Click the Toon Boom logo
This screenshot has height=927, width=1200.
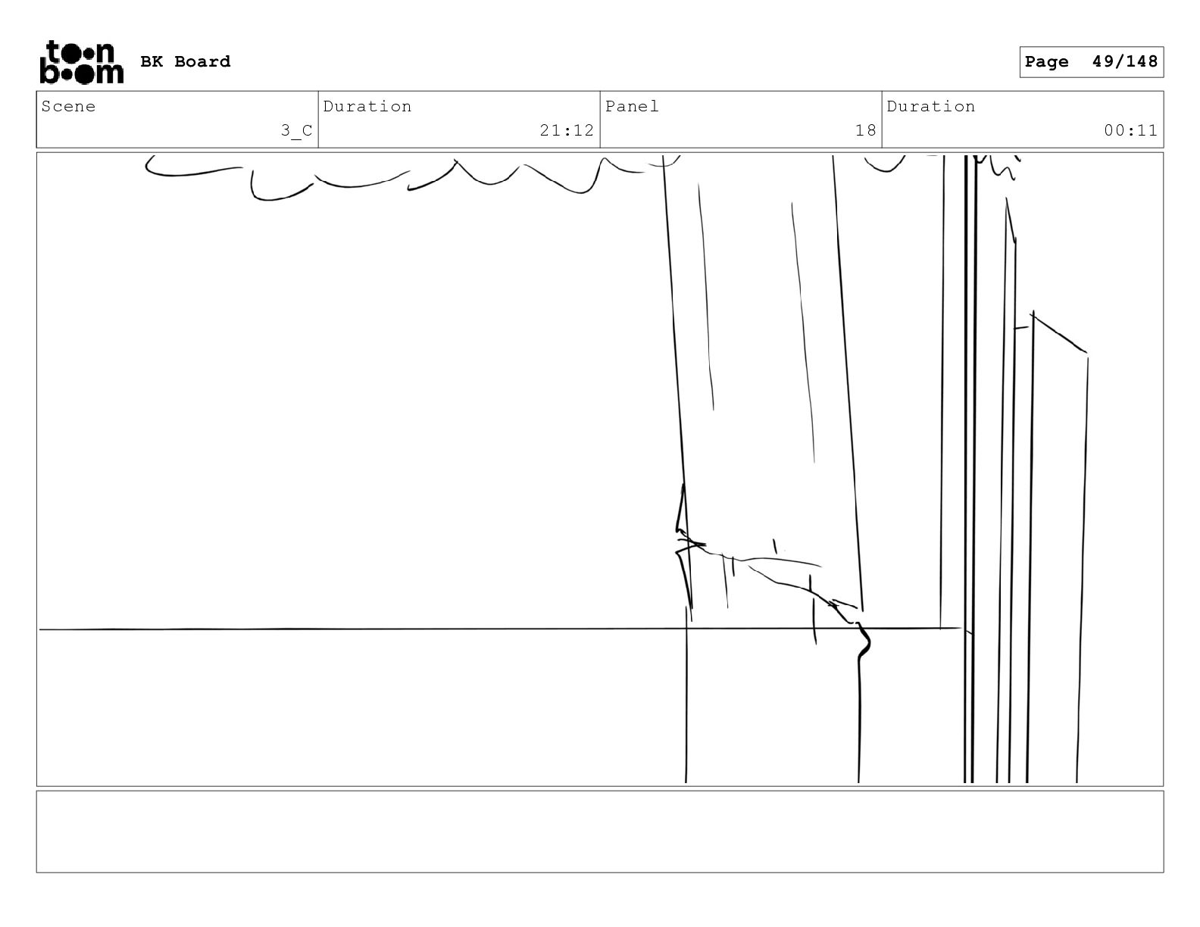click(x=80, y=62)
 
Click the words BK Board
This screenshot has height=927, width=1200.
click(x=185, y=62)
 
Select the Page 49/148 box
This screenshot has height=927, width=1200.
click(x=1091, y=62)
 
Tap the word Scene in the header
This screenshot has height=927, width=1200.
click(x=69, y=107)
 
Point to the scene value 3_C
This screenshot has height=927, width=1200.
click(x=296, y=131)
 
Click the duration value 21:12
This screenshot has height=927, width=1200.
click(x=567, y=131)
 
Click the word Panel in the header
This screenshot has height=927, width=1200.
click(x=632, y=107)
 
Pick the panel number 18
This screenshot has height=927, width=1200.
click(x=865, y=131)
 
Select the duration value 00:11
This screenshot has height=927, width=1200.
click(x=1130, y=131)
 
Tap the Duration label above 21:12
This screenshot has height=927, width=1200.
click(x=367, y=107)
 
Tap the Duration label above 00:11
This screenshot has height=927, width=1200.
click(x=931, y=107)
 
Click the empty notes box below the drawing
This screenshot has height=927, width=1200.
click(x=599, y=832)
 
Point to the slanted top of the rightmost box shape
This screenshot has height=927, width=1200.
click(x=1059, y=332)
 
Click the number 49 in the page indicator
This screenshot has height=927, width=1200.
click(x=1102, y=62)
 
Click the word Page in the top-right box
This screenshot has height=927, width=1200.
click(x=1046, y=62)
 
